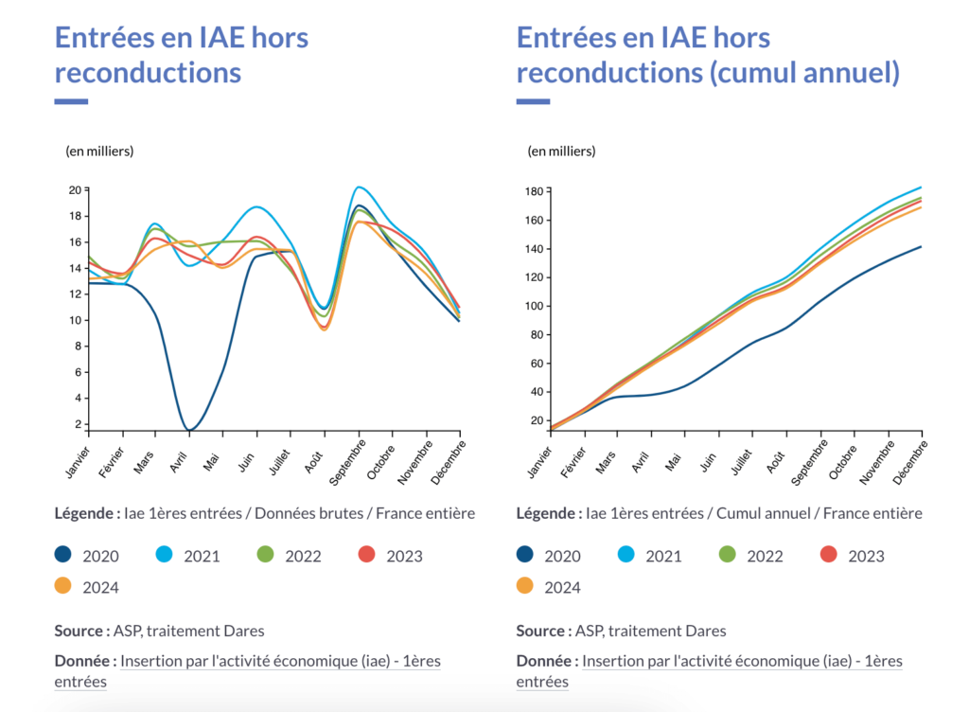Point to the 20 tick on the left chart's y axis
(x=74, y=190)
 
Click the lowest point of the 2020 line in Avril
(x=190, y=431)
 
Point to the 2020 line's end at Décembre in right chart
(x=921, y=247)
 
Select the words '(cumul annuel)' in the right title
(x=803, y=72)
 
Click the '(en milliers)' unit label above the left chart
(x=99, y=151)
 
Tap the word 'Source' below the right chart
(x=541, y=631)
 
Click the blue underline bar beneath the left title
(x=71, y=101)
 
